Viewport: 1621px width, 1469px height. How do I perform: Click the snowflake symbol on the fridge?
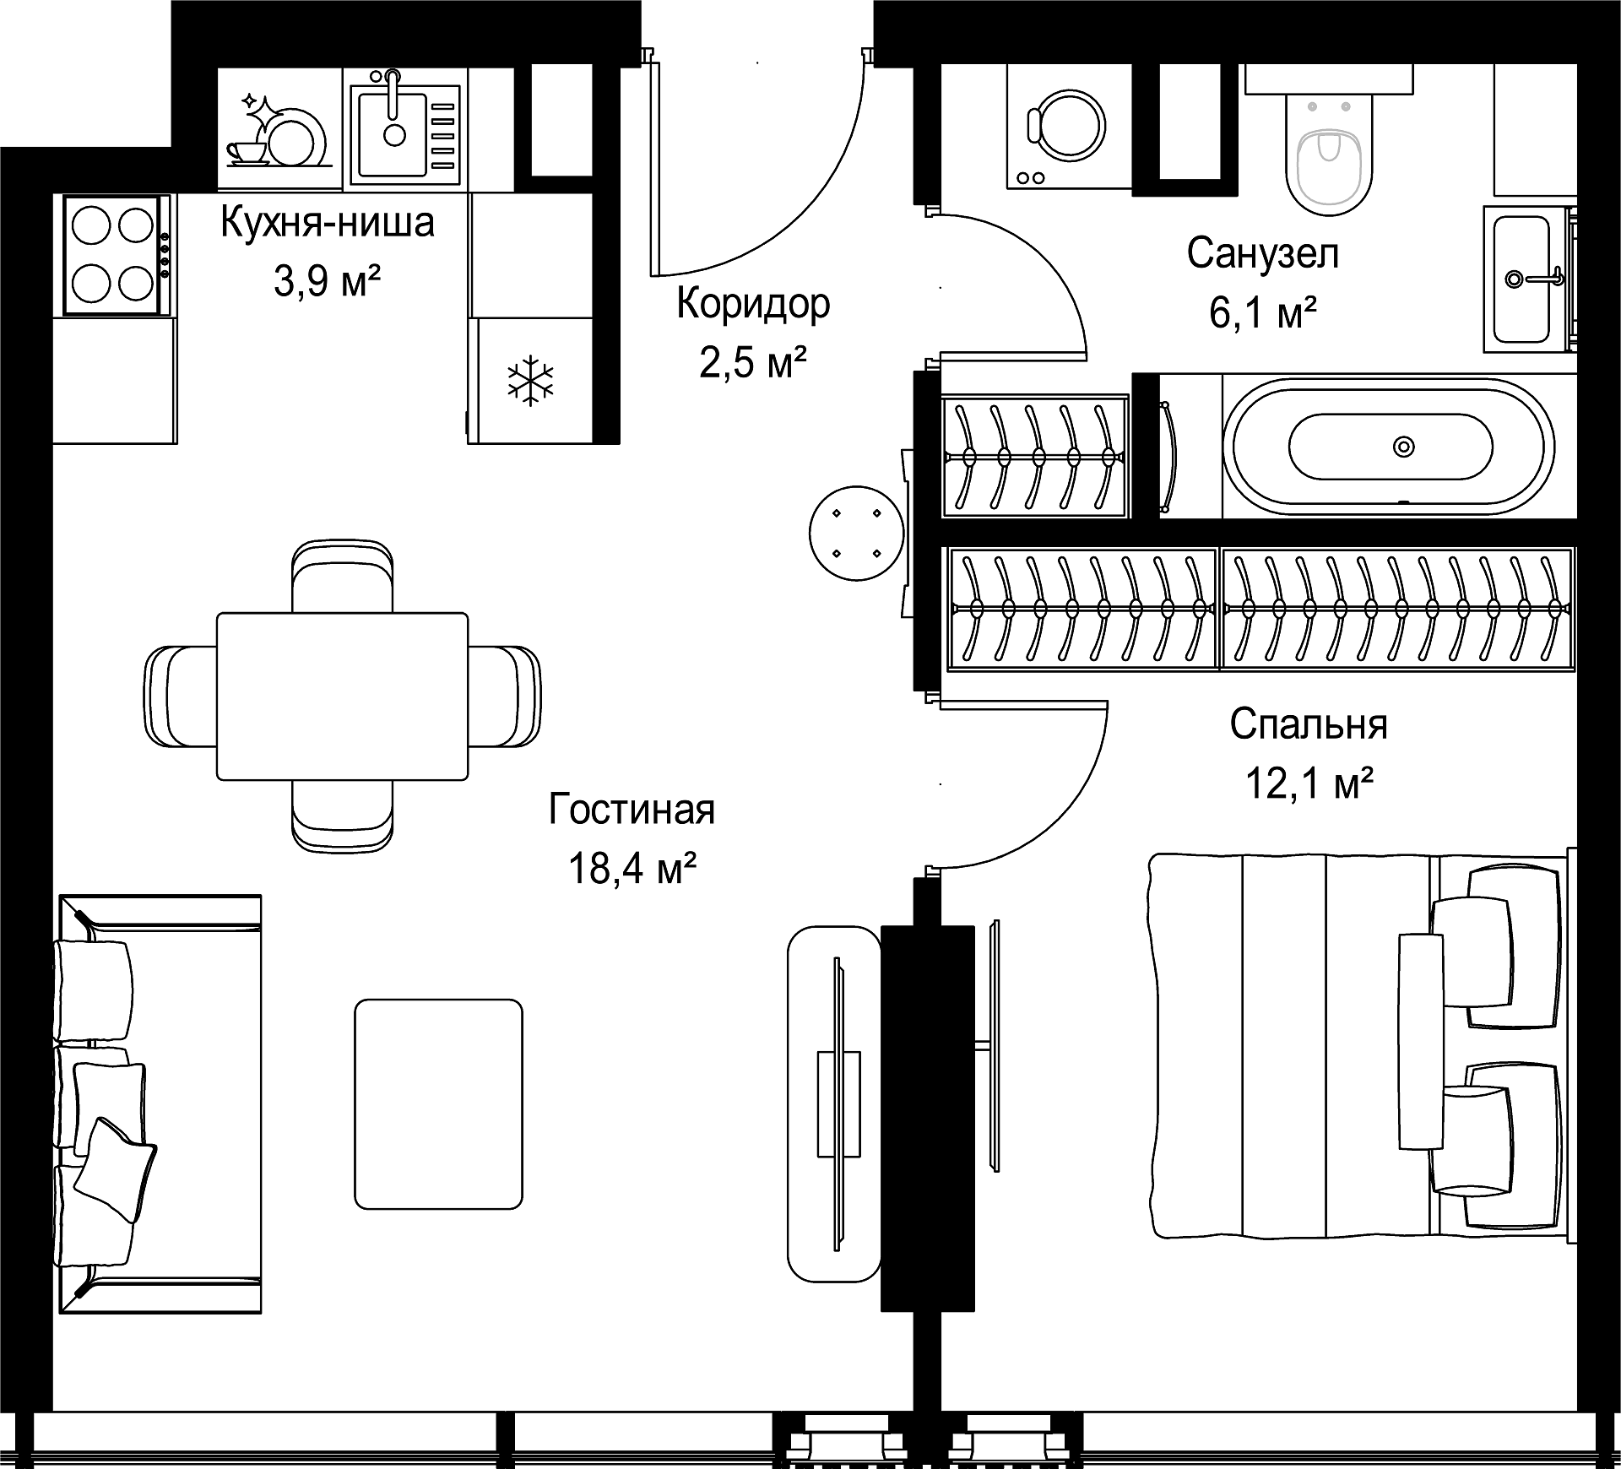pos(530,380)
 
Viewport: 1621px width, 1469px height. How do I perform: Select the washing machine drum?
pos(1065,125)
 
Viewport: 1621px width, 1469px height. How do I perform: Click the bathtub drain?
pos(1403,445)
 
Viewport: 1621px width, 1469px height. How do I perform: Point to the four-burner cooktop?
pos(115,255)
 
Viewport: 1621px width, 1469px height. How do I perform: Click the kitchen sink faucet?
pos(393,93)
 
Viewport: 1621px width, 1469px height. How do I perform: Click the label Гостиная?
pos(632,809)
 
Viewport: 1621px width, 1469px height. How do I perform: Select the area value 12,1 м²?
pos(1309,783)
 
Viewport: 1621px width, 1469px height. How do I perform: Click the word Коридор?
pos(753,304)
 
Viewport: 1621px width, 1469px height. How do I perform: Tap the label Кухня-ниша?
pos(328,222)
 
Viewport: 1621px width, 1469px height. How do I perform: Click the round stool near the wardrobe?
pos(856,533)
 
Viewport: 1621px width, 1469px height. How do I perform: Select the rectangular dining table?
pos(342,696)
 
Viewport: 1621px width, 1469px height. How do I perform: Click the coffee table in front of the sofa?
pos(438,1103)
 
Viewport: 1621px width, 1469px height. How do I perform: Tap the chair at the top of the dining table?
pos(342,576)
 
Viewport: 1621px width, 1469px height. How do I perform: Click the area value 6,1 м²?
pos(1263,312)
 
